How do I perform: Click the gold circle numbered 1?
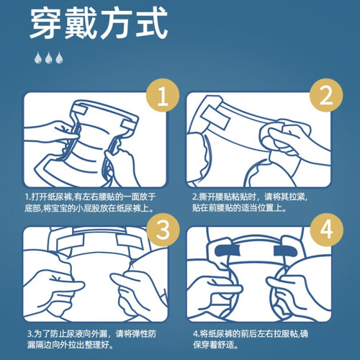pos(163,96)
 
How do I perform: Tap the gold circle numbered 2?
pos(326,95)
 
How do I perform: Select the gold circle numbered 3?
pos(163,230)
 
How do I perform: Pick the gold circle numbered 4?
pos(326,230)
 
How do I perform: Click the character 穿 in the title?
pos(46,23)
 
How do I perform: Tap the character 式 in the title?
pos(151,23)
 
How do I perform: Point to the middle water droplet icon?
pos(49,58)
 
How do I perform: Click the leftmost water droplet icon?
pos(38,58)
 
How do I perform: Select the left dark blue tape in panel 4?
pos(228,251)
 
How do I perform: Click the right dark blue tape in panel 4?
pos(286,251)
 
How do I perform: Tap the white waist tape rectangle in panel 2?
pos(215,117)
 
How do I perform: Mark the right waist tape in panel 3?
pos(130,241)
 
